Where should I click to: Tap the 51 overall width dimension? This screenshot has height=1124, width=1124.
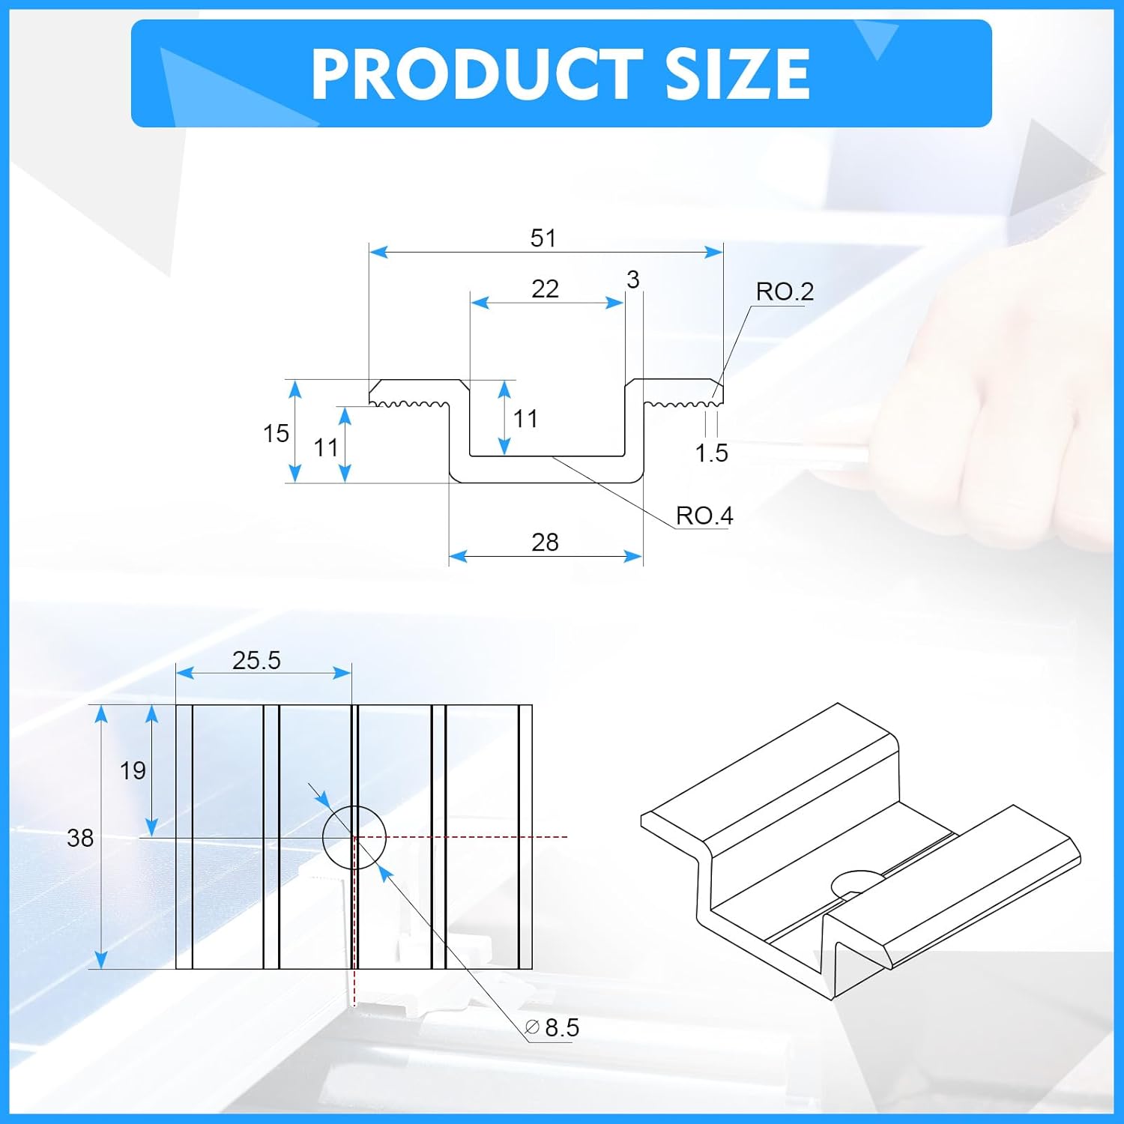(543, 238)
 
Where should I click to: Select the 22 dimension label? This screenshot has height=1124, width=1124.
(545, 289)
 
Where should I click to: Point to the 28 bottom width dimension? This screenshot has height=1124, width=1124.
(545, 543)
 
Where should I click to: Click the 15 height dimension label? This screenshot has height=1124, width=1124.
(276, 433)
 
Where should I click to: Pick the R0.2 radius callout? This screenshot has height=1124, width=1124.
(784, 291)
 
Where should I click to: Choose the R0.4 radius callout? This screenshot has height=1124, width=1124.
(704, 516)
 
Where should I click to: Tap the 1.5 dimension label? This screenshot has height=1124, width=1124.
(711, 453)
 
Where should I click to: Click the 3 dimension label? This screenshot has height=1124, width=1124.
(633, 280)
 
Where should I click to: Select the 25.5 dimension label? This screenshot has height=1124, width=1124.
(256, 660)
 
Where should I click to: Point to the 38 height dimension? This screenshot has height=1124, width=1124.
(80, 838)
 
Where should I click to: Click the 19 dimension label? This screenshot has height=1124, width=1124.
(133, 770)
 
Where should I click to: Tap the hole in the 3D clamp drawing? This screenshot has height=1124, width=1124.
(858, 882)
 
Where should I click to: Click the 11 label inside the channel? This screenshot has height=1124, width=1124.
(525, 419)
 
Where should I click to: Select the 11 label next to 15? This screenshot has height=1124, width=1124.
(326, 448)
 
